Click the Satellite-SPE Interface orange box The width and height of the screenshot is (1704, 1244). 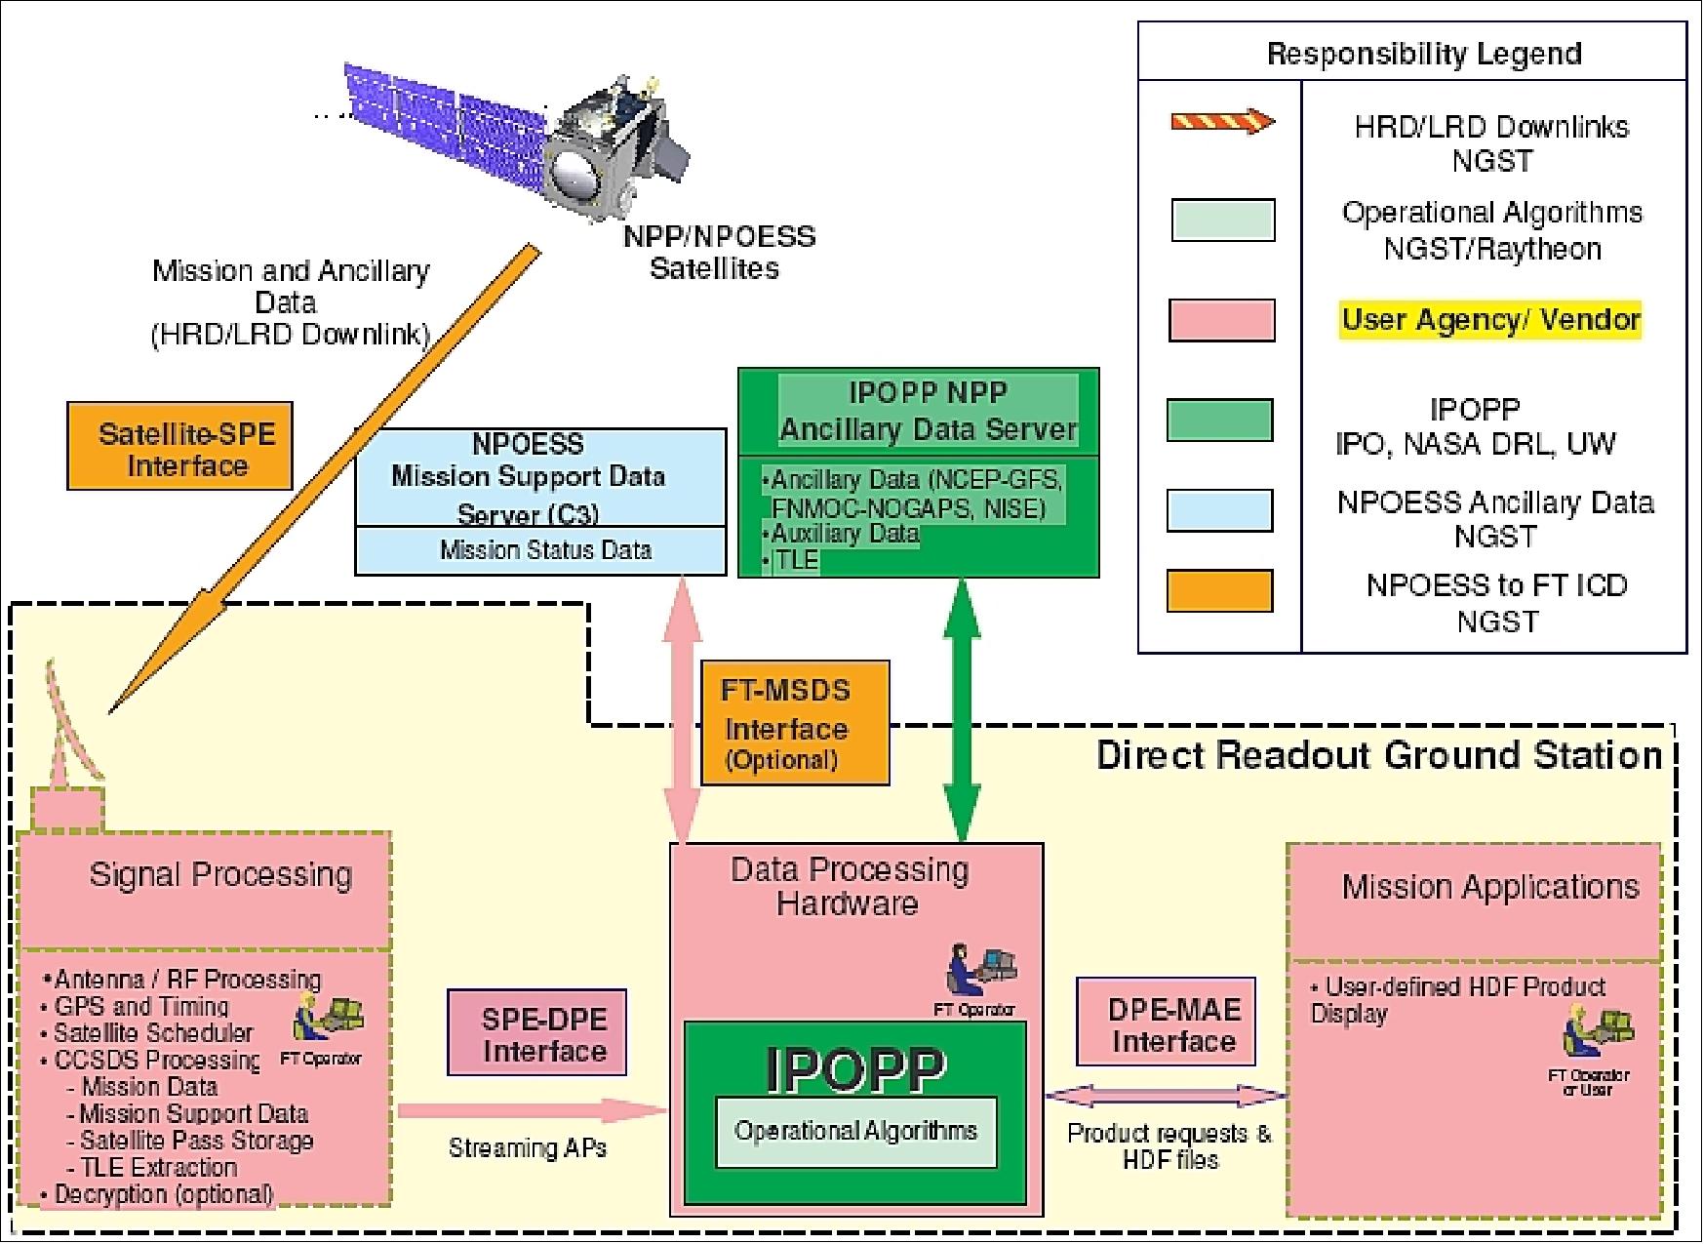179,446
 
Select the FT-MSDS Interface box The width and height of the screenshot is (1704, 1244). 794,723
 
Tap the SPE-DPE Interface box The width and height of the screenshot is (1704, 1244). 536,1032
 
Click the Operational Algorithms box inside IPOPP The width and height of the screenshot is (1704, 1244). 855,1132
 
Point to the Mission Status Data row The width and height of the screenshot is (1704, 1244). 540,550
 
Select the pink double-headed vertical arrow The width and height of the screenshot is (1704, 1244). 682,709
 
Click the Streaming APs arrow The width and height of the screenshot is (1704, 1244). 532,1110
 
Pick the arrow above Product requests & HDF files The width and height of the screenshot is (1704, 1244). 1167,1096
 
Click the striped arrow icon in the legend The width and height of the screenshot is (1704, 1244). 1222,122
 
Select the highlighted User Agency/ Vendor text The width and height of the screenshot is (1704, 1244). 1490,319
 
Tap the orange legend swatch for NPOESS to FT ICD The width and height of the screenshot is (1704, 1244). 1220,591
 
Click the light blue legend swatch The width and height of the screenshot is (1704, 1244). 1220,510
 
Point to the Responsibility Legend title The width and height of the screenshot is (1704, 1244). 1423,54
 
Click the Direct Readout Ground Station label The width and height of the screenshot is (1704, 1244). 1378,755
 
